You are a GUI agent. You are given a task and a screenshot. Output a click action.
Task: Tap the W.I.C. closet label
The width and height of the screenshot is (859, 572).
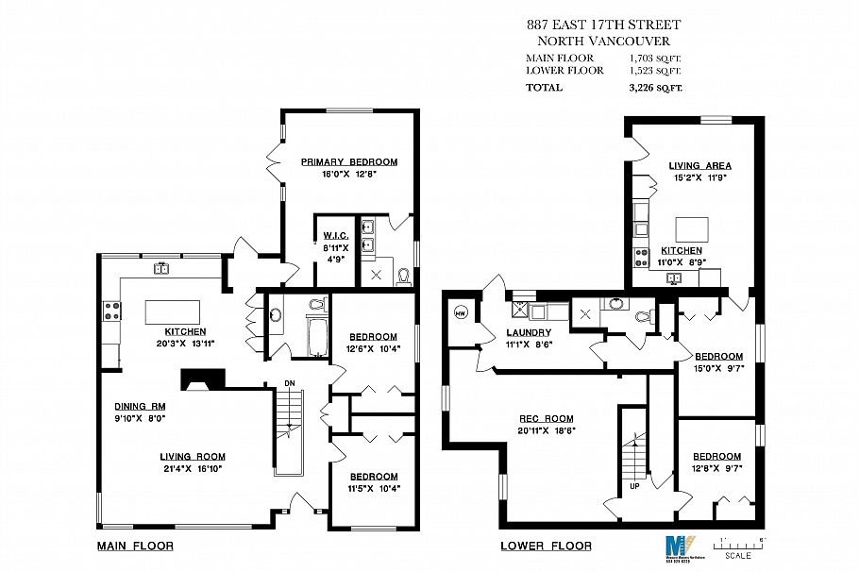(336, 235)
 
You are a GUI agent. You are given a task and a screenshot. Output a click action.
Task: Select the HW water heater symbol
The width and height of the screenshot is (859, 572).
(462, 313)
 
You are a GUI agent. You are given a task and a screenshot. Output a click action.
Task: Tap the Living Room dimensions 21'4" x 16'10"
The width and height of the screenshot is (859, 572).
(192, 467)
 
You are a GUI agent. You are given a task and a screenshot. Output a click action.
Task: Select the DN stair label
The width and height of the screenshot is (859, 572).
(292, 382)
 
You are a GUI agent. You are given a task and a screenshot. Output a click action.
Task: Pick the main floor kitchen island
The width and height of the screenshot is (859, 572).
(172, 312)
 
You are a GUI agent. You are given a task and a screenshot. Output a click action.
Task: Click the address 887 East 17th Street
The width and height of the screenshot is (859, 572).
(603, 25)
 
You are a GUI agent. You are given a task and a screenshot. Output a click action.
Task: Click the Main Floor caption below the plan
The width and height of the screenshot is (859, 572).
(135, 546)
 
